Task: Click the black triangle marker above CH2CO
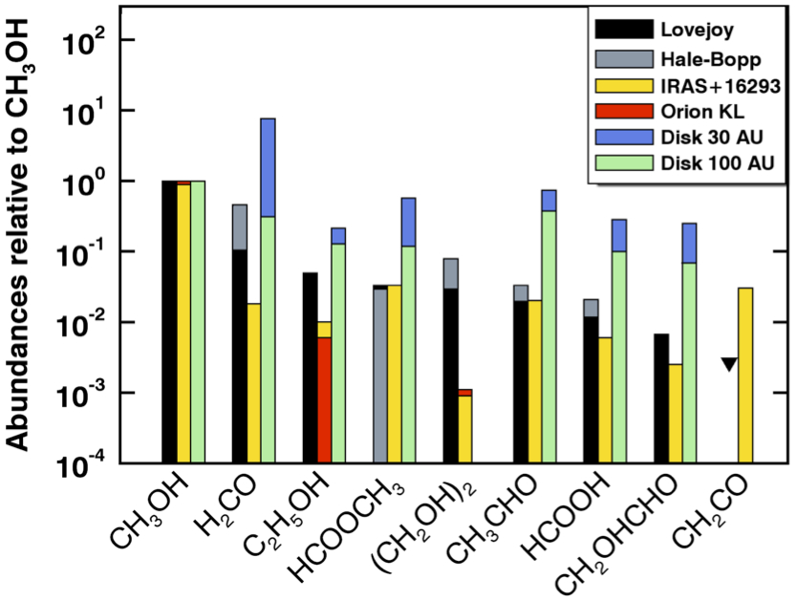click(x=730, y=363)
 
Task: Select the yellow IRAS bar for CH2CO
click(x=744, y=375)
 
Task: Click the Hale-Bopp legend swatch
click(x=621, y=59)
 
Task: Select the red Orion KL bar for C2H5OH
click(x=324, y=399)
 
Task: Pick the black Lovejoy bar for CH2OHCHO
click(x=661, y=398)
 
